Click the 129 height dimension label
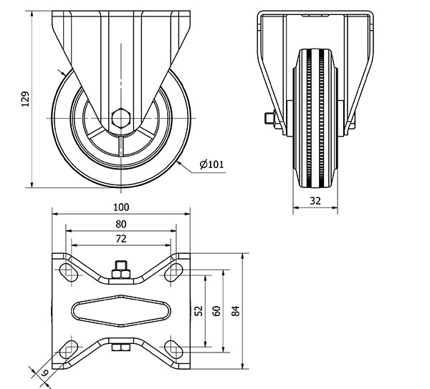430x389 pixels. click(25, 99)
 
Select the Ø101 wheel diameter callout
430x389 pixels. click(211, 164)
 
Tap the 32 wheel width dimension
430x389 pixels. click(315, 201)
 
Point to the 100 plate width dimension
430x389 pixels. click(121, 207)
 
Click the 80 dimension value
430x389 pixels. click(121, 225)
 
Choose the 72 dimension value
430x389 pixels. click(121, 239)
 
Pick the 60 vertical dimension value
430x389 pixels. click(216, 311)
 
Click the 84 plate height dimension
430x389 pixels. click(236, 311)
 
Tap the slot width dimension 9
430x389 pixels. click(45, 373)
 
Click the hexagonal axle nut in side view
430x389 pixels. click(121, 118)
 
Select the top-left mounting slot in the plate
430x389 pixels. click(69, 272)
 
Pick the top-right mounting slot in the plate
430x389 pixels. click(173, 272)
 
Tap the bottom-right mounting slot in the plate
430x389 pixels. click(173, 350)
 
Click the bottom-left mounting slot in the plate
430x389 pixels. click(69, 350)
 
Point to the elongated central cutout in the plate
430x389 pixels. click(121, 311)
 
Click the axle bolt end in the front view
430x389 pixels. click(270, 118)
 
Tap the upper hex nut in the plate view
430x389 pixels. click(121, 274)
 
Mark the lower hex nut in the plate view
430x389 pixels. click(121, 348)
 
